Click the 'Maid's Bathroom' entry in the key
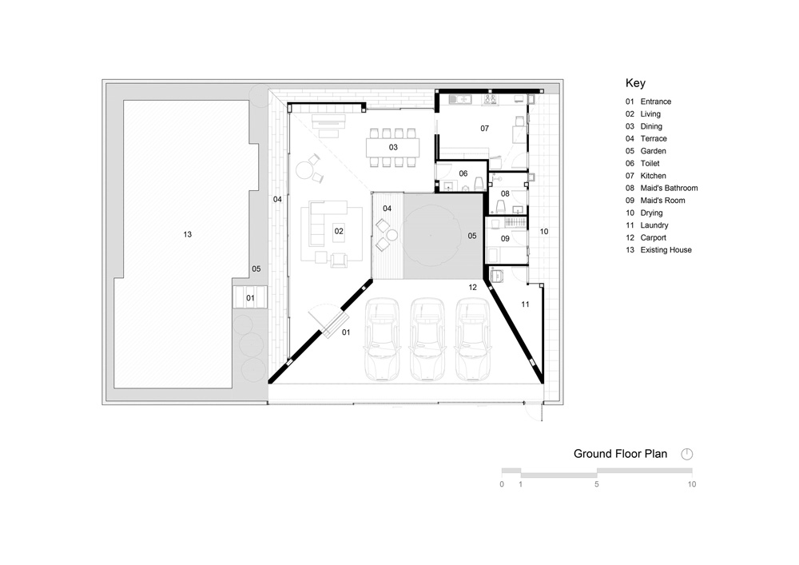pos(662,188)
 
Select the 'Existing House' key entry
pos(658,249)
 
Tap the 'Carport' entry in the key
pos(646,237)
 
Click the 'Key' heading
pos(635,83)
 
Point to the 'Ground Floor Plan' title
pos(620,454)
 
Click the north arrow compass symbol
pos(687,454)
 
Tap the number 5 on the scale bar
pos(597,484)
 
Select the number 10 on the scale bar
pos(691,484)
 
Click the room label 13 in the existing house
pos(188,234)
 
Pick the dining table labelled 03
pos(393,148)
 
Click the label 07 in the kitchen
pos(485,129)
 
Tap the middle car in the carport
pos(427,340)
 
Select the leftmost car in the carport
pos(382,340)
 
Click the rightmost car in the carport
pos(472,340)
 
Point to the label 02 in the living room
pos(339,231)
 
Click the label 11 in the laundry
pos(525,304)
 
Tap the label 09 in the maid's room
pos(505,238)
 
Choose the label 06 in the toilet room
pos(463,173)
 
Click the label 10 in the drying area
pos(544,231)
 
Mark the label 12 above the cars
pos(472,288)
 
